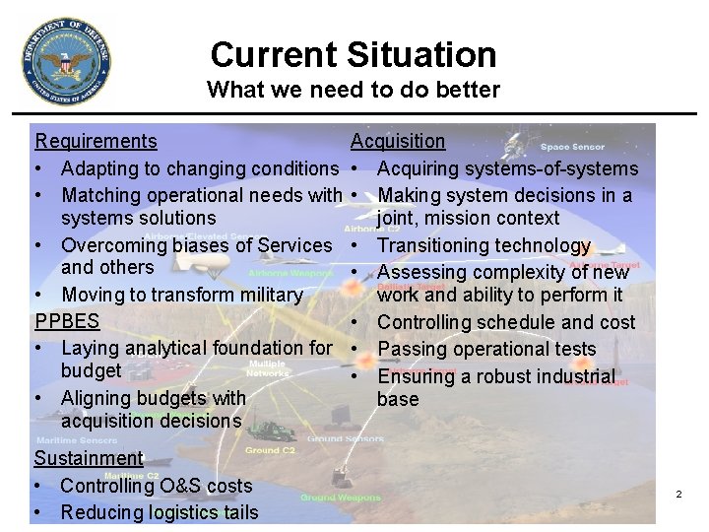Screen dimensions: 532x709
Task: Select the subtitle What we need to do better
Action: pyautogui.click(x=353, y=90)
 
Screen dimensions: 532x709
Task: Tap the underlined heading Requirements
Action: pyautogui.click(x=96, y=141)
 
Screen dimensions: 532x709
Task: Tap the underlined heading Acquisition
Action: pyautogui.click(x=398, y=141)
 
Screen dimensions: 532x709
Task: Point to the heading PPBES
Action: pyautogui.click(x=67, y=321)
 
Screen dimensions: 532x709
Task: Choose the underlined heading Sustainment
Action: pyautogui.click(x=89, y=458)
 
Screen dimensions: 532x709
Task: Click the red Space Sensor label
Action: pyautogui.click(x=572, y=147)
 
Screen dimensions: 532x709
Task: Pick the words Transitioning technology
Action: pyautogui.click(x=483, y=245)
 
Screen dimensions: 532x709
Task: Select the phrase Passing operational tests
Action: pyautogui.click(x=486, y=349)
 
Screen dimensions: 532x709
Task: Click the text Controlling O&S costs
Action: pyautogui.click(x=156, y=486)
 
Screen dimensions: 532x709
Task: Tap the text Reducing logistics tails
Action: pyautogui.click(x=159, y=512)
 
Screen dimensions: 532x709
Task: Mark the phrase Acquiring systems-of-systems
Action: pyautogui.click(x=507, y=168)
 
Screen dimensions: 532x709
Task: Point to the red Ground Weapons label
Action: pyautogui.click(x=341, y=498)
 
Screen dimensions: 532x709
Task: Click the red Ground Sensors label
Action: pyautogui.click(x=346, y=438)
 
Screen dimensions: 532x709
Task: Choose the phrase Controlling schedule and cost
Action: pyautogui.click(x=506, y=322)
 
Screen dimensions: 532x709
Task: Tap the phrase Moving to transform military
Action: pyautogui.click(x=181, y=295)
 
